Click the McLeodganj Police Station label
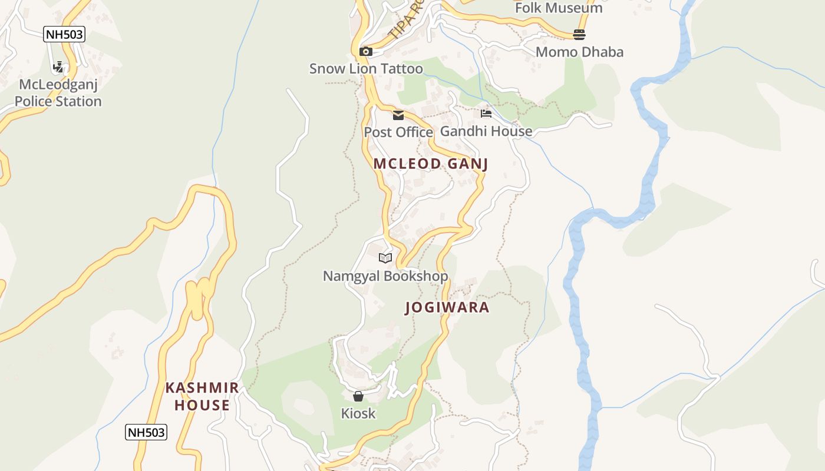coord(58,93)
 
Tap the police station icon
coord(58,67)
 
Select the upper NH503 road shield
coord(64,34)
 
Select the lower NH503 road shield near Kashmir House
coord(146,433)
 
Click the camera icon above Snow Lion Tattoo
coord(366,52)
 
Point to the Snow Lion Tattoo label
coord(366,69)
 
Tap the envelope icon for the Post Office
coord(398,115)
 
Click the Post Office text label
coord(398,132)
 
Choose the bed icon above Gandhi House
coord(486,114)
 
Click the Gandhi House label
coord(486,131)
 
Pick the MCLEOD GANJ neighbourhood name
coord(431,164)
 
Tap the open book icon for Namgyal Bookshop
coord(385,258)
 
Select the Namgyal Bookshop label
coord(385,276)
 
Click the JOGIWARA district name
coord(447,307)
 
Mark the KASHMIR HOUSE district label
coord(202,396)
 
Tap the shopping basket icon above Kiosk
coord(358,396)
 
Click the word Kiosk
coord(358,413)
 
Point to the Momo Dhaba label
coord(579,52)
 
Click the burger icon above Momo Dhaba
coord(579,35)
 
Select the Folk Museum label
coord(559,8)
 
